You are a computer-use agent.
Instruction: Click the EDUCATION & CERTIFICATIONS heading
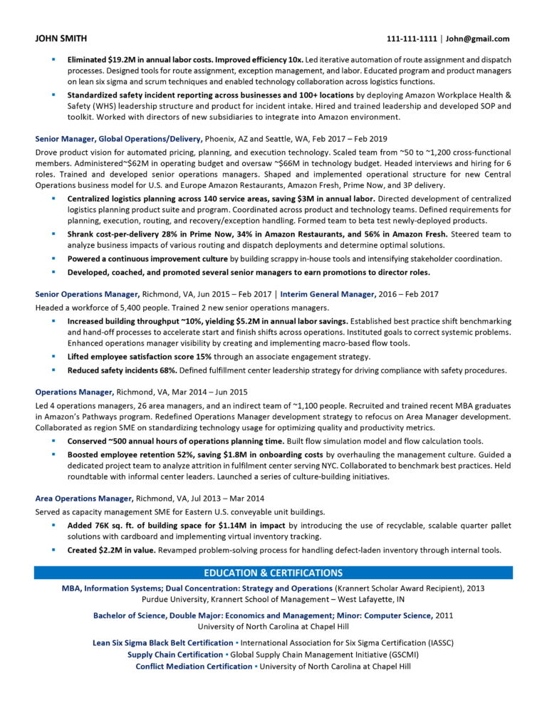pyautogui.click(x=273, y=573)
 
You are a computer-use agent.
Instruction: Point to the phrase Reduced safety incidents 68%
pyautogui.click(x=122, y=370)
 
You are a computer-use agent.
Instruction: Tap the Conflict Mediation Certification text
pyautogui.click(x=194, y=666)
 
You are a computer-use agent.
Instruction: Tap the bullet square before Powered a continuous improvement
pyautogui.click(x=53, y=257)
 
